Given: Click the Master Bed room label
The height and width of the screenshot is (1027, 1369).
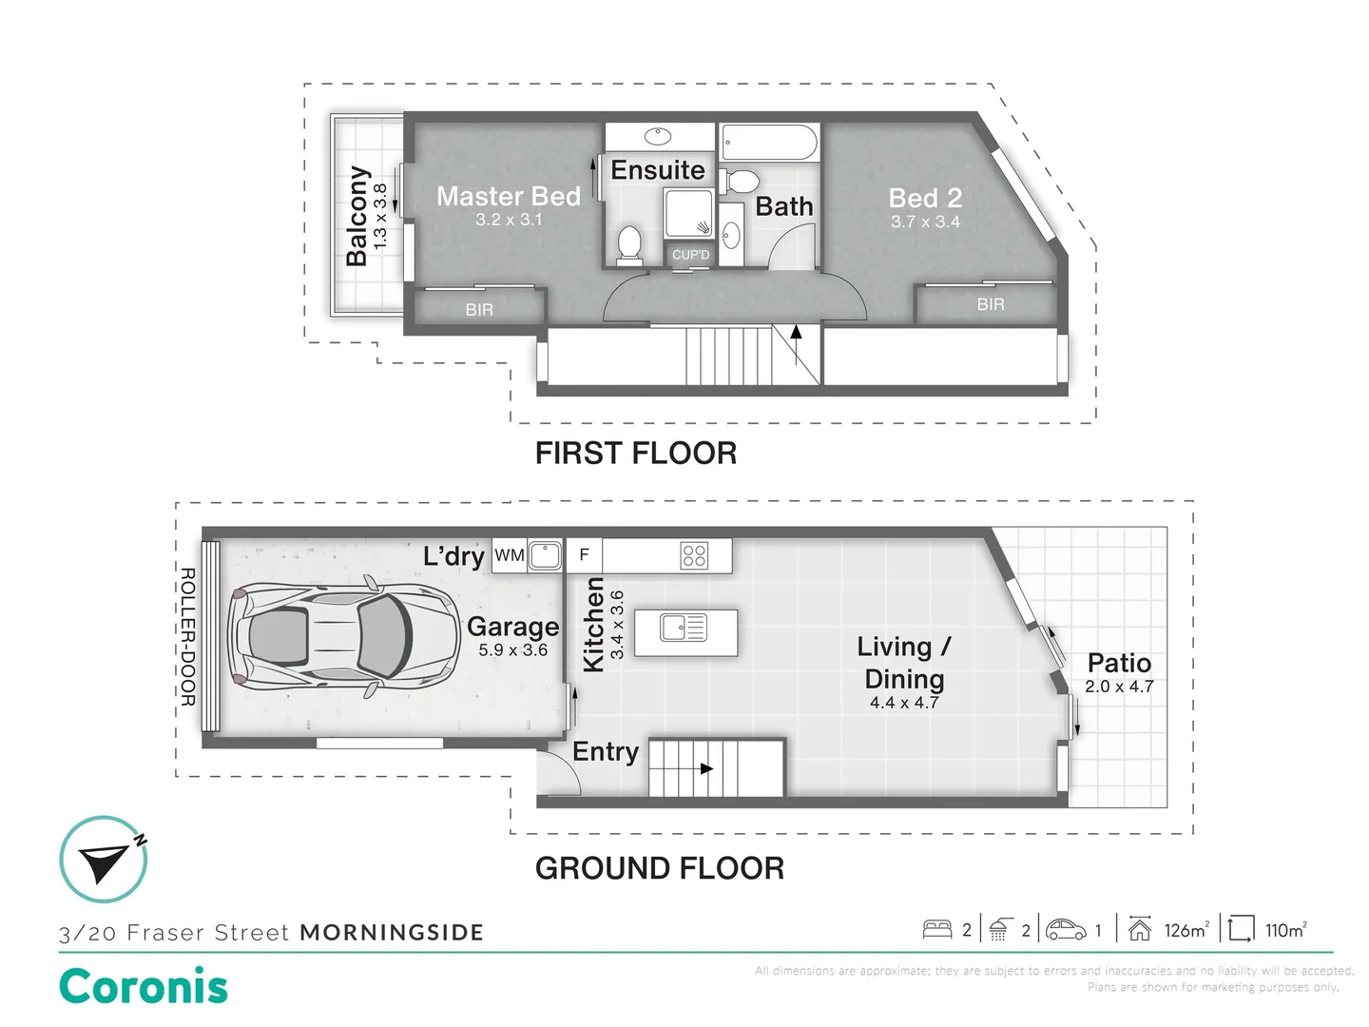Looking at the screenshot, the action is point(509,197).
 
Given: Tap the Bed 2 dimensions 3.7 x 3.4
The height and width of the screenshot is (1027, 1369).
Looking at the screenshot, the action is point(925,222).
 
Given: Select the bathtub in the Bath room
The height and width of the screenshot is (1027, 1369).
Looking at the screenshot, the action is point(770,144).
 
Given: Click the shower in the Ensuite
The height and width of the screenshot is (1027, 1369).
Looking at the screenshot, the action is point(688,213).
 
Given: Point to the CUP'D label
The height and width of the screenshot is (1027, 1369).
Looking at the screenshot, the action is point(690,255).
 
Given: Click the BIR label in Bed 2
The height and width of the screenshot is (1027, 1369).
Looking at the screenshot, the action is point(991,304).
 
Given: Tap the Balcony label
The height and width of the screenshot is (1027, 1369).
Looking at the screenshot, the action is point(358,216).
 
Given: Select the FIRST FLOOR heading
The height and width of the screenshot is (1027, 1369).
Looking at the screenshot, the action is point(636,454).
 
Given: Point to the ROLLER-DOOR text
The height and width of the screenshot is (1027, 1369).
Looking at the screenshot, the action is point(187,636).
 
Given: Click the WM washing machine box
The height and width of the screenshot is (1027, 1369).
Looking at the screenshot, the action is point(510,555).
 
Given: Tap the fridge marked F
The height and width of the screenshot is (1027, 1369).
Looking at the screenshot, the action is point(584,555).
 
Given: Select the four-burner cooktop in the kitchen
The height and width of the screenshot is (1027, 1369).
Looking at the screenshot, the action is point(694,555).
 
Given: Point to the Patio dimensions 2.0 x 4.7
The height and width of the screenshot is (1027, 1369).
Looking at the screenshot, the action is point(1119,687).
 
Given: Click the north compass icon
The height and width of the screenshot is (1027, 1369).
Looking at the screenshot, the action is point(104,860).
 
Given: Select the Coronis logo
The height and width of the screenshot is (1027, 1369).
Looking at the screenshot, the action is point(144,986).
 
